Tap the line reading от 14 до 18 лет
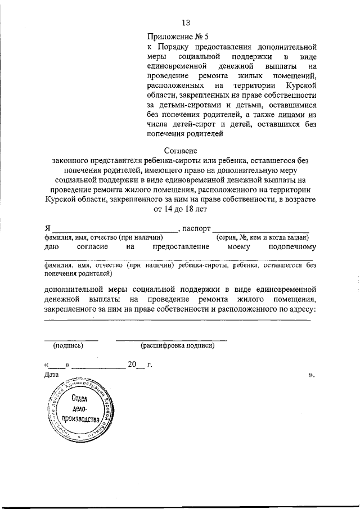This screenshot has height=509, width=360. (180, 209)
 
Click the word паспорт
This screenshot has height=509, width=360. (196, 229)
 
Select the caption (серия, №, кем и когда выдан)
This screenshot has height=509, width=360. (262, 238)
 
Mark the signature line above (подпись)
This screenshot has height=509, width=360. (71, 340)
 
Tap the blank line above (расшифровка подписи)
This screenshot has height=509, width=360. (172, 340)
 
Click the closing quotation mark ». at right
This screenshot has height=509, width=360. (310, 375)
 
